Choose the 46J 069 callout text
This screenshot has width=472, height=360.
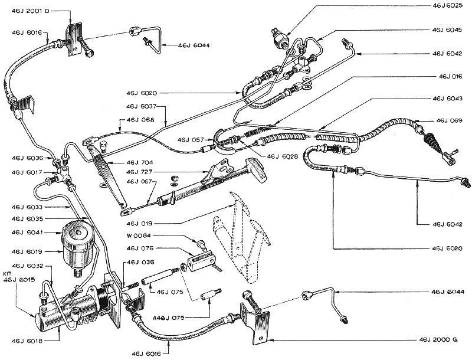click(x=451, y=120)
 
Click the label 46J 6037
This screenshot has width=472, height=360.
click(x=141, y=106)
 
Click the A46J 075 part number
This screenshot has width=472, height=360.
click(x=168, y=318)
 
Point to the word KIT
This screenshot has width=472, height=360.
click(x=7, y=274)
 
